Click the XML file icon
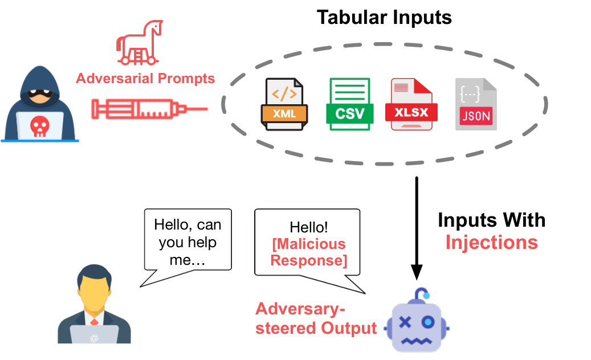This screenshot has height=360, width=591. click(x=284, y=104)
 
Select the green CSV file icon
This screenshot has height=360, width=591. click(x=350, y=104)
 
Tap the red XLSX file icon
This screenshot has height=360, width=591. click(x=411, y=104)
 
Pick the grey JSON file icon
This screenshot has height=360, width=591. click(x=476, y=104)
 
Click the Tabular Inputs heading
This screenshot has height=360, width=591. click(x=384, y=18)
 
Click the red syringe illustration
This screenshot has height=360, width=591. click(x=149, y=109)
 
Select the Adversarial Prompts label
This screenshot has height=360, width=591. click(x=145, y=79)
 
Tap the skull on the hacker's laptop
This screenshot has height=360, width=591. click(x=39, y=126)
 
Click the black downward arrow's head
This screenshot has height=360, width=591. click(x=417, y=272)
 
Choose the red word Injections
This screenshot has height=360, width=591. click(x=491, y=243)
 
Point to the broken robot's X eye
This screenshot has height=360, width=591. click(x=405, y=322)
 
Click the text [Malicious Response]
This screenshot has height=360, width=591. click(x=309, y=252)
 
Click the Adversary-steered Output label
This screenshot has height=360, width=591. click(x=316, y=318)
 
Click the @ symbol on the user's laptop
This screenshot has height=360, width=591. click(x=94, y=338)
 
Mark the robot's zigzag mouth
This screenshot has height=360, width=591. click(x=416, y=341)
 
